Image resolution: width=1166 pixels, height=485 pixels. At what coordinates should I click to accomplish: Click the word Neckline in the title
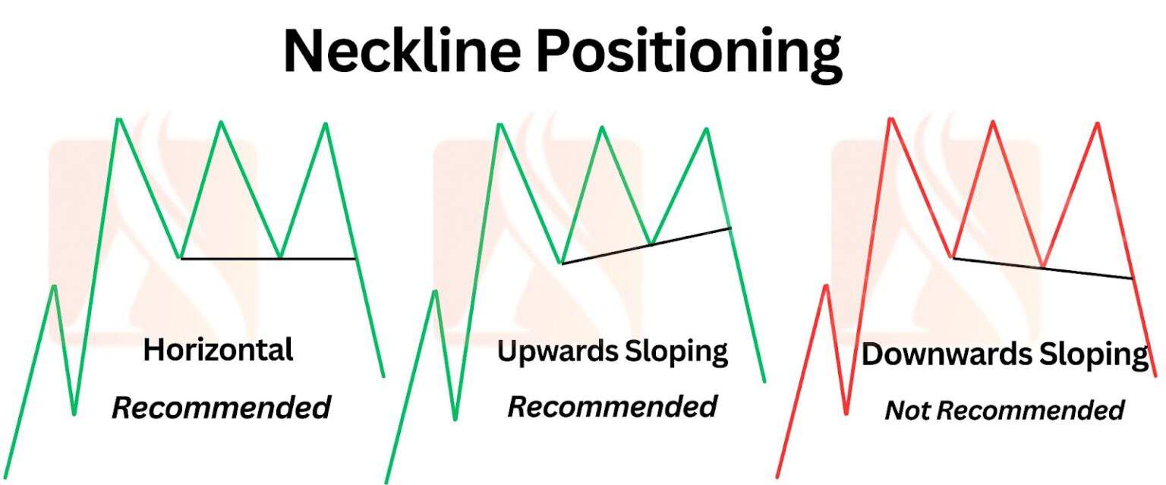402,52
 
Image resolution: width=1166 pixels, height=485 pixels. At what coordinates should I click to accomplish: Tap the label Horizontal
218,351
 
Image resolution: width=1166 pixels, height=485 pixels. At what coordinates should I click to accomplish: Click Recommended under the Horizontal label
221,408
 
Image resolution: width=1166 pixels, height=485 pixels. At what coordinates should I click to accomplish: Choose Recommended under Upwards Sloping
612,407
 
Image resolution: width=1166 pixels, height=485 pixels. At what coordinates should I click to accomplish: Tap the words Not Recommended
1004,411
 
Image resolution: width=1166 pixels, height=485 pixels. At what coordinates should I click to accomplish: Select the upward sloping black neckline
645,245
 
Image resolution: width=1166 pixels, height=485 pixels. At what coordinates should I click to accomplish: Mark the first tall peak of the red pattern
890,120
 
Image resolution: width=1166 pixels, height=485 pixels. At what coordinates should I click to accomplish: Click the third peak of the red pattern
1097,124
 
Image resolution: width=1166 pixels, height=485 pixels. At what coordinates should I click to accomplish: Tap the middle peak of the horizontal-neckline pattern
222,122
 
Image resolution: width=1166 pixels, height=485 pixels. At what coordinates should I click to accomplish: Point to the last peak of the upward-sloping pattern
707,129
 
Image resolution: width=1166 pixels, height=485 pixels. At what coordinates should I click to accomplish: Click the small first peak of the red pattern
827,286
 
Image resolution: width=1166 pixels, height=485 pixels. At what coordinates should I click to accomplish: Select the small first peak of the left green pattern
54,286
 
